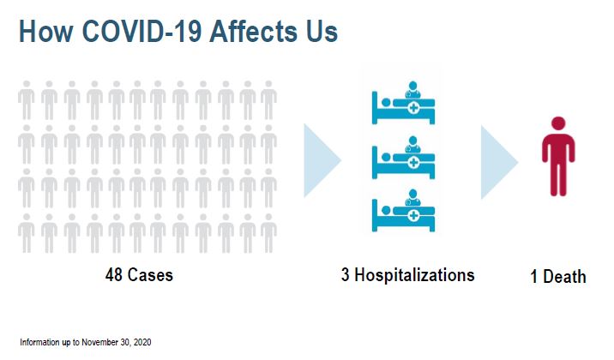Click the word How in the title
(45, 32)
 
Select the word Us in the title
(322, 32)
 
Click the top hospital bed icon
(402, 104)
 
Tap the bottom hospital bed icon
(402, 211)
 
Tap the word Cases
(150, 275)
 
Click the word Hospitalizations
(414, 275)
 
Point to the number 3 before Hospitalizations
(345, 275)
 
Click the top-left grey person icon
(27, 99)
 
